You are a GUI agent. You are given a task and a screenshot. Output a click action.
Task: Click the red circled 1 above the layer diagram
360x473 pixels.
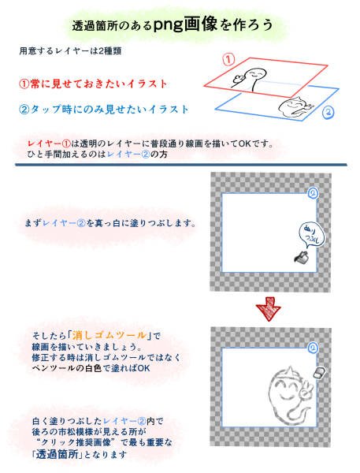coord(228,60)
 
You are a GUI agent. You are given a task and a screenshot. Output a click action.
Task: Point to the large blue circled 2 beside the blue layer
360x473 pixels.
coord(328,112)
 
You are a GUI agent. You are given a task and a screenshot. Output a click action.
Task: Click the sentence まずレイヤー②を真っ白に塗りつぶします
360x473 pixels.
coord(109,223)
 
